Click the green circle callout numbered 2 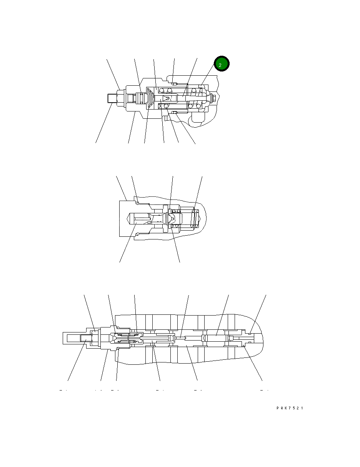point(222,64)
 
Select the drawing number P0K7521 point(290,408)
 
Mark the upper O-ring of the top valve point(173,84)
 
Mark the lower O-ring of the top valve point(173,112)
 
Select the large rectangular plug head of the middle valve point(127,218)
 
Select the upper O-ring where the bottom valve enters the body point(118,327)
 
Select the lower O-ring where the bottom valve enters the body point(118,349)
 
